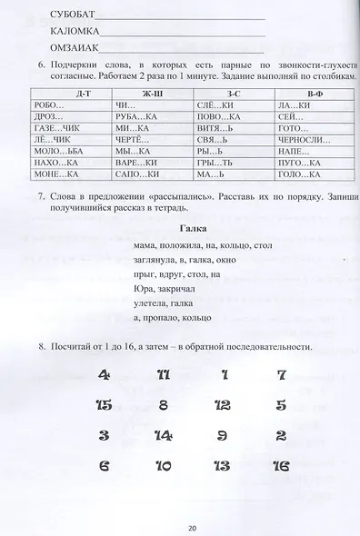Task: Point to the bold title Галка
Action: coord(195,230)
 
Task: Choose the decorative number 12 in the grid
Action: coord(222,405)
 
